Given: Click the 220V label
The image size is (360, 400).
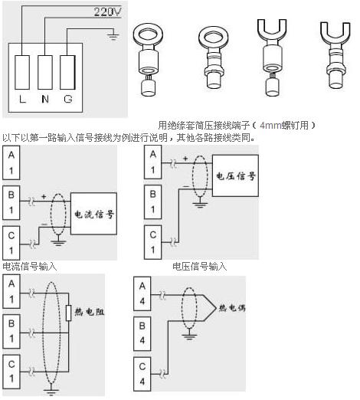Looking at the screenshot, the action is pyautogui.click(x=107, y=11).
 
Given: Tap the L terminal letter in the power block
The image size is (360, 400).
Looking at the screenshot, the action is pyautogui.click(x=22, y=99).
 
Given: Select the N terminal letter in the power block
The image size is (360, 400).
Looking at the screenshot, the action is pyautogui.click(x=45, y=99).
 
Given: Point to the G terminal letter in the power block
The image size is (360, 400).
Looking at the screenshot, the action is pyautogui.click(x=68, y=99).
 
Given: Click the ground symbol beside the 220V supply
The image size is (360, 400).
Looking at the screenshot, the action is pyautogui.click(x=113, y=36).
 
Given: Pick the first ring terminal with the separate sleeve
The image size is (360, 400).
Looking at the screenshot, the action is pyautogui.click(x=148, y=60).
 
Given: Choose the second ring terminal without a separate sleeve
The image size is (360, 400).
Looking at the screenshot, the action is pyautogui.click(x=214, y=57).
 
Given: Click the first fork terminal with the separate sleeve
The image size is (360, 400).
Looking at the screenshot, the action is pyautogui.click(x=272, y=57).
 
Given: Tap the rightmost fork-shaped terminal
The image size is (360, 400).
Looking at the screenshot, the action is pyautogui.click(x=335, y=55).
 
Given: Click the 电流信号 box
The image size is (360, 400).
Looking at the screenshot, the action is pyautogui.click(x=93, y=214).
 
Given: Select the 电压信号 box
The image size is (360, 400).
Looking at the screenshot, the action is pyautogui.click(x=235, y=175).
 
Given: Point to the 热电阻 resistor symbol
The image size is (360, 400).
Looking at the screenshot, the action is pyautogui.click(x=68, y=313).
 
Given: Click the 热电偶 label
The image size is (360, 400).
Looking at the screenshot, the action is pyautogui.click(x=232, y=308).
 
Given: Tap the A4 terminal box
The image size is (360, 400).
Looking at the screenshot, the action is pyautogui.click(x=142, y=293).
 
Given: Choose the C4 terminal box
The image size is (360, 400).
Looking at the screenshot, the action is pyautogui.click(x=142, y=374).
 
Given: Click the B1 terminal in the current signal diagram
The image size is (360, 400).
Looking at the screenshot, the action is pyautogui.click(x=11, y=202).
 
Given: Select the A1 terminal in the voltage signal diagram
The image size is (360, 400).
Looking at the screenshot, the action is pyautogui.click(x=152, y=162).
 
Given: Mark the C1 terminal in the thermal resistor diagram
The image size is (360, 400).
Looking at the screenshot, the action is pyautogui.click(x=11, y=372).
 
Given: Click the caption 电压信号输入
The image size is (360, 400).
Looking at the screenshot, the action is pyautogui.click(x=200, y=267).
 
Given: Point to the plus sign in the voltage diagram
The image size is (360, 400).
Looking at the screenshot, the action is pyautogui.click(x=185, y=159).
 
